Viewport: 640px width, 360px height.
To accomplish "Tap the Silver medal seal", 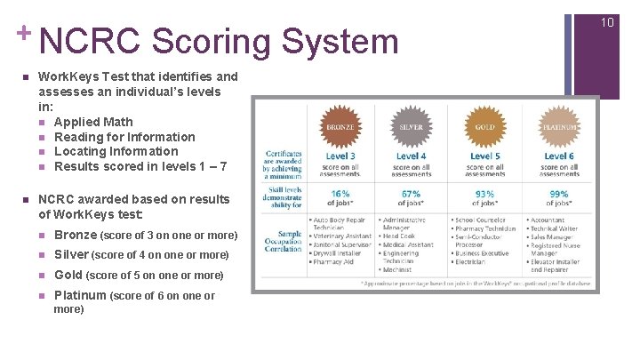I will [x=411, y=127].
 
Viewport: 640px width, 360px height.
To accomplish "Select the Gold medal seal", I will [x=484, y=127].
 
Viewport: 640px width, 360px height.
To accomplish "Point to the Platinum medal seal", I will [x=559, y=127].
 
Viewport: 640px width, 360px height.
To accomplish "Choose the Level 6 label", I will [x=559, y=156].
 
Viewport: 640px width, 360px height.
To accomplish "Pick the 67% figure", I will [x=411, y=193].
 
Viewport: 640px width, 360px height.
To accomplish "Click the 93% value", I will [x=484, y=193].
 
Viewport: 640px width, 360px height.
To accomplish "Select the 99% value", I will [x=559, y=193].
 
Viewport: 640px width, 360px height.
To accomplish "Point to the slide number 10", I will [x=608, y=20].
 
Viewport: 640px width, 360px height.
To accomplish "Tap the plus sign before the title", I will [x=24, y=33].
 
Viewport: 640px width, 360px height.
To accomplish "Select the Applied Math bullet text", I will [x=93, y=122].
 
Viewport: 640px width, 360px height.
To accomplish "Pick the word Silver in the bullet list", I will [x=71, y=254].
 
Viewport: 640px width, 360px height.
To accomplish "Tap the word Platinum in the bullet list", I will [x=80, y=295].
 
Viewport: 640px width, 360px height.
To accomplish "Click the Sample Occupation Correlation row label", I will [x=284, y=240].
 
